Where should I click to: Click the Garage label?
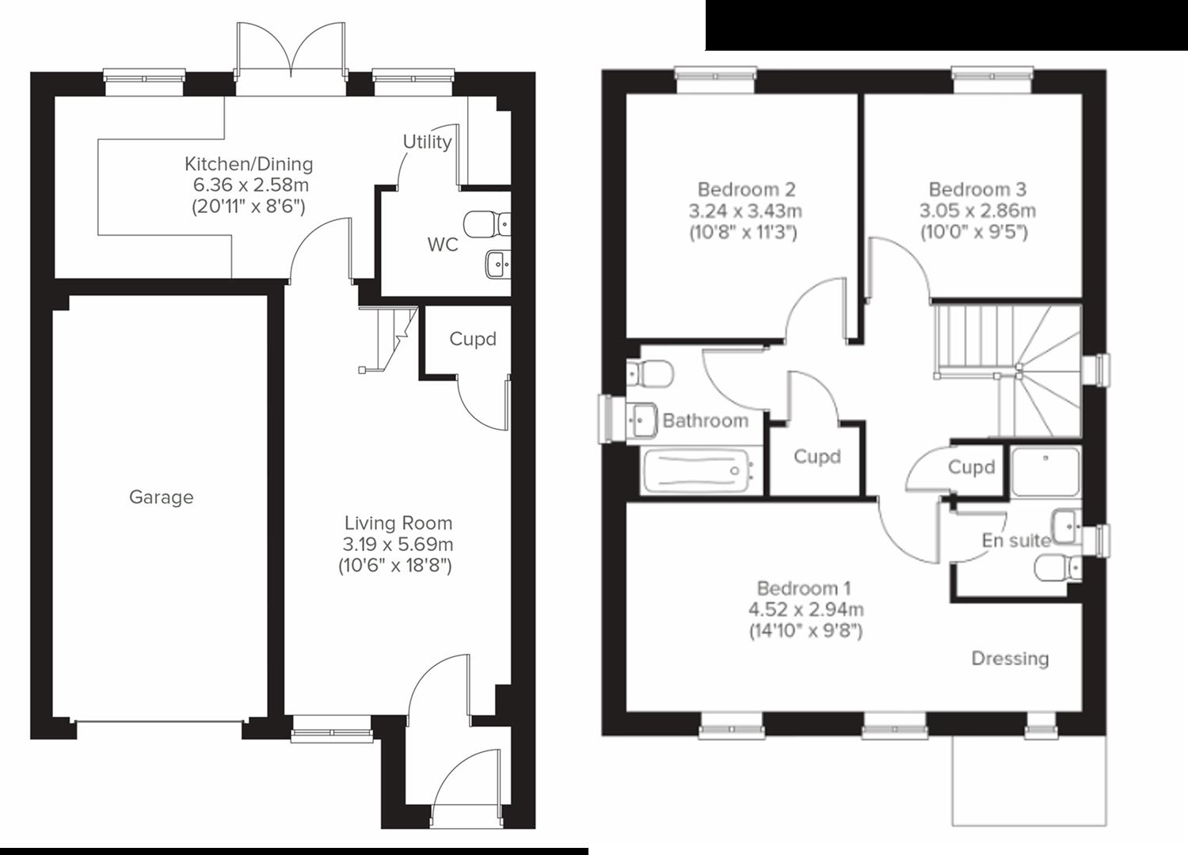161,497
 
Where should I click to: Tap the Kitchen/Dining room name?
249,164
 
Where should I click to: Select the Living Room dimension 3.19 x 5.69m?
398,545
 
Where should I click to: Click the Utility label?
427,142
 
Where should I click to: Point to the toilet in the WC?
483,224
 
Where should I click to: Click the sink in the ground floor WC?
497,263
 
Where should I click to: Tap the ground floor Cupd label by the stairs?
473,339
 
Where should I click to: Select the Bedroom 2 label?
746,189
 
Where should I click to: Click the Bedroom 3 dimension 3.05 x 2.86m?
977,211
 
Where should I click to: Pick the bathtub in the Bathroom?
698,472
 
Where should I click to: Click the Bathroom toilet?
652,373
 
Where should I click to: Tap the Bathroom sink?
642,417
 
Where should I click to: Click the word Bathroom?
705,420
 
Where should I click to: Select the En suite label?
1015,541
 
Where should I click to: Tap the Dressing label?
1010,659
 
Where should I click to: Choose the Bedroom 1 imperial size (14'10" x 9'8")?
805,631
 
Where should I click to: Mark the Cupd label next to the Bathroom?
817,457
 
